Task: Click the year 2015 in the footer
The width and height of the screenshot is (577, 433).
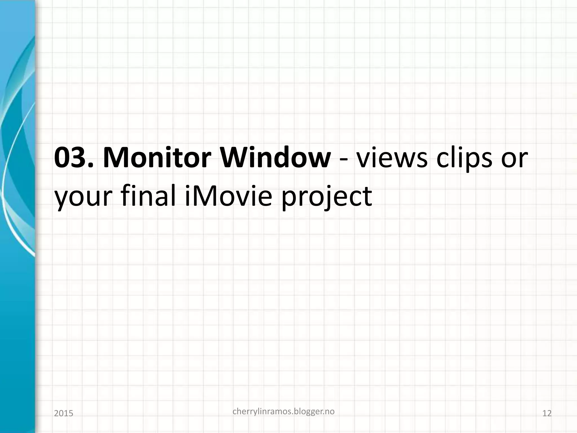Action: tap(63, 414)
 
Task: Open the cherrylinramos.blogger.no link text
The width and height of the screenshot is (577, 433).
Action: tap(283, 412)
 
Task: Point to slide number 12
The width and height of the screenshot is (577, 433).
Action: tap(547, 414)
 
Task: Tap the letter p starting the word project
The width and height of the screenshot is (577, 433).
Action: tap(290, 200)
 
